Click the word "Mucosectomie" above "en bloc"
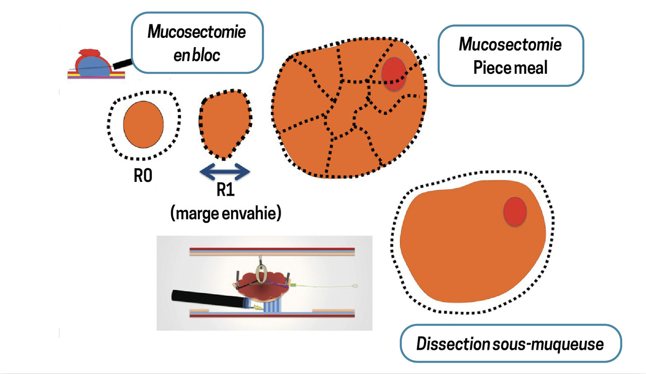(x=197, y=32)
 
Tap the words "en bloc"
(x=197, y=55)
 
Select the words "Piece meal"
(x=510, y=68)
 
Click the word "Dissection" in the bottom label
(x=453, y=344)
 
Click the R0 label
(x=143, y=175)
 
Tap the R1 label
(x=226, y=190)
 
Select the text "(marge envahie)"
(x=226, y=214)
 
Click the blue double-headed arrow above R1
(x=225, y=171)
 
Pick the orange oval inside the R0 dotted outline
(x=143, y=124)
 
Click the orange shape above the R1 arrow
(x=225, y=124)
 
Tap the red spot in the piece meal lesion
(x=394, y=74)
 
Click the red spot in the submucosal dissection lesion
(x=515, y=212)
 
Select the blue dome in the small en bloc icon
(x=94, y=66)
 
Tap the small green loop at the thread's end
(x=356, y=286)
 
